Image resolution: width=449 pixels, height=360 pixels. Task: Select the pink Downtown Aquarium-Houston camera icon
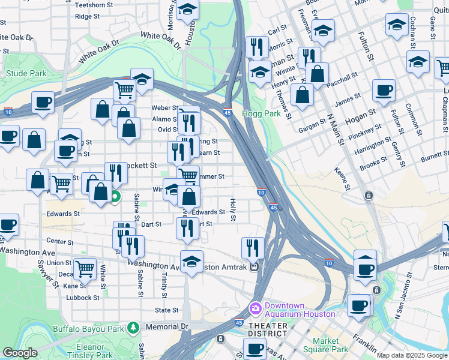click(x=256, y=307)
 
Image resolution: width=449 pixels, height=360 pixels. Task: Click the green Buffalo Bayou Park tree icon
click(x=133, y=327)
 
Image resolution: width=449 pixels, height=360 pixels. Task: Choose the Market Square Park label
click(x=330, y=345)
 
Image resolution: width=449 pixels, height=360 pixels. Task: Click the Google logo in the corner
click(x=20, y=353)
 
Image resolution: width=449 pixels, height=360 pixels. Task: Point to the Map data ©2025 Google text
click(x=412, y=355)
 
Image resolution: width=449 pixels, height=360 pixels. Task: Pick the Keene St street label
click(x=342, y=179)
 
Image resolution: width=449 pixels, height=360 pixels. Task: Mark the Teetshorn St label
click(x=95, y=5)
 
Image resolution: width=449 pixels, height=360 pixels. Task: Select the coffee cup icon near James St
click(x=384, y=91)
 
